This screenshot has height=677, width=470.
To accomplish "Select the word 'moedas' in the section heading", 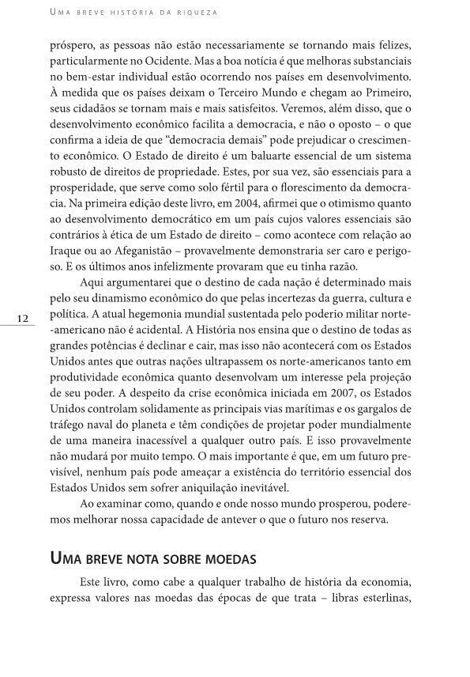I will click(x=228, y=559).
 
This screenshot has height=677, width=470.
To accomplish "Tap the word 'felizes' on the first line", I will click(x=391, y=42).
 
